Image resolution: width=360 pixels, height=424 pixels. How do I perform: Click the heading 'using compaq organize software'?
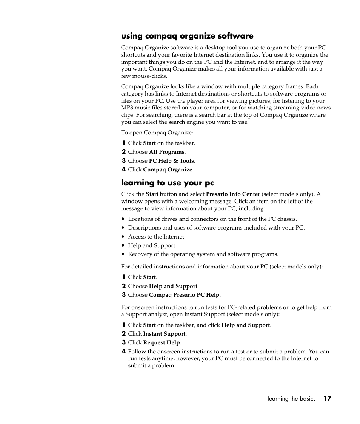187,36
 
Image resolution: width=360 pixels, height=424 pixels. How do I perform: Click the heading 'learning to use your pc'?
167,183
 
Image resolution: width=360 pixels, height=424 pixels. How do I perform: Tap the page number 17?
327,398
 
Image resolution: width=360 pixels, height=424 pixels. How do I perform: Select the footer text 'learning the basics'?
291,399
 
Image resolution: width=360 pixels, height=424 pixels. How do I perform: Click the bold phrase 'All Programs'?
166,152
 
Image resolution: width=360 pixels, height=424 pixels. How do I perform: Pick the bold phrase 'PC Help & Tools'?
171,161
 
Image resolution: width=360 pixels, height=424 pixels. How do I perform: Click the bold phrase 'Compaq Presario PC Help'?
184,295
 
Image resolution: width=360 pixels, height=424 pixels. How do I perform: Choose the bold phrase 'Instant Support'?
164,334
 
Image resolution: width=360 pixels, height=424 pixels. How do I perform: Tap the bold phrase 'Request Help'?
162,342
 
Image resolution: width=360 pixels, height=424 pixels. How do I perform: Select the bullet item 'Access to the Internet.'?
157,237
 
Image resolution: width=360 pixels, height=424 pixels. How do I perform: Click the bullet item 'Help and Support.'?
152,245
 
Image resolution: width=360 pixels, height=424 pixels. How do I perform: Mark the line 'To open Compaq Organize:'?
157,133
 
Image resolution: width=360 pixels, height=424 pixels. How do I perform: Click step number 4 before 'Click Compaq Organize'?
123,170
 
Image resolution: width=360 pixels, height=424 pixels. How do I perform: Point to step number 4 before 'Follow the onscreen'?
123,352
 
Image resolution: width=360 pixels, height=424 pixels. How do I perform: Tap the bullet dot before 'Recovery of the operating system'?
123,254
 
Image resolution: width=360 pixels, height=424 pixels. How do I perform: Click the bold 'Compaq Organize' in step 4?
168,170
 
